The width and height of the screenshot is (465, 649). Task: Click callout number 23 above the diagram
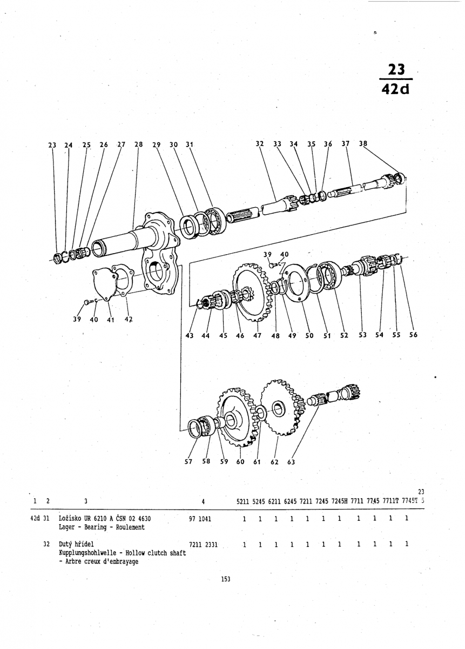pyautogui.click(x=52, y=145)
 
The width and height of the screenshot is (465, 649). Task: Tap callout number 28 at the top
pyautogui.click(x=139, y=144)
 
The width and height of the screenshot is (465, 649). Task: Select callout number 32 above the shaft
pyautogui.click(x=260, y=144)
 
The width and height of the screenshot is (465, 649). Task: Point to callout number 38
pyautogui.click(x=362, y=144)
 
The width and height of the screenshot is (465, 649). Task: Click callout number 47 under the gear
pyautogui.click(x=257, y=336)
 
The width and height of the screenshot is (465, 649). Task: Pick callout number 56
pyautogui.click(x=413, y=335)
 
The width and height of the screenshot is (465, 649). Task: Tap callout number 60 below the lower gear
pyautogui.click(x=240, y=462)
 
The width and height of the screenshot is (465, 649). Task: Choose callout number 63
pyautogui.click(x=291, y=462)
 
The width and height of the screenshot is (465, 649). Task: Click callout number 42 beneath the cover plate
pyautogui.click(x=128, y=319)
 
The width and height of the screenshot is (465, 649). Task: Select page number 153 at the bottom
pyautogui.click(x=226, y=579)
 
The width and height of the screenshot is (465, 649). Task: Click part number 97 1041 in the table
pyautogui.click(x=200, y=519)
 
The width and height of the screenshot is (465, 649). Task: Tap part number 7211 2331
pyautogui.click(x=204, y=545)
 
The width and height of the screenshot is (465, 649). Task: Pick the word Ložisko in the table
pyautogui.click(x=70, y=519)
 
